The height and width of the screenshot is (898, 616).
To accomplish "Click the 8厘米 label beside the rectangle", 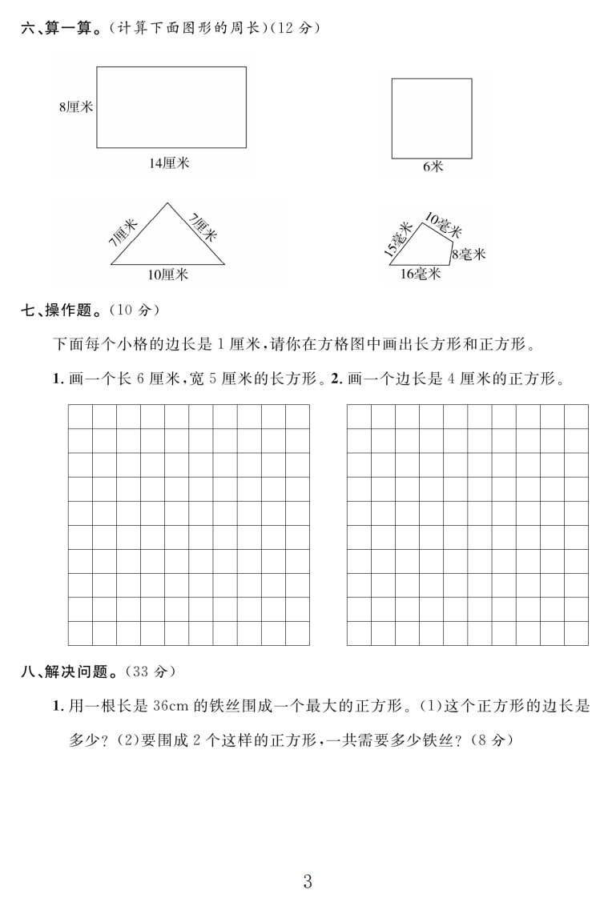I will (x=76, y=107).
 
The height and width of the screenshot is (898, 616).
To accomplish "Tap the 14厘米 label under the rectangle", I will (x=169, y=163).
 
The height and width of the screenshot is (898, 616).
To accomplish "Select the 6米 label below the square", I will (x=433, y=167).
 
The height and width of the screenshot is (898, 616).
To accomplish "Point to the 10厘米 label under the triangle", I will (x=167, y=275).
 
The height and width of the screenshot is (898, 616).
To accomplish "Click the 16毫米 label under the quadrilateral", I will (x=421, y=275).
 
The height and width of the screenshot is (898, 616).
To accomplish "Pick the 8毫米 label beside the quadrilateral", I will (x=469, y=255).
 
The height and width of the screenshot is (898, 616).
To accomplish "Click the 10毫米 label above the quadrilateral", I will (x=443, y=225).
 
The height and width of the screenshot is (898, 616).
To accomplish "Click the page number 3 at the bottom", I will (x=308, y=860).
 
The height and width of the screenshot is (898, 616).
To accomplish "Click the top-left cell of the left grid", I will (x=80, y=417).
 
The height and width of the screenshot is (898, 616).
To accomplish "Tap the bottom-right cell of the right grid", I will (x=576, y=633).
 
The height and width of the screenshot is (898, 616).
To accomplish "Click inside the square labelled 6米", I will (x=432, y=118).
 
